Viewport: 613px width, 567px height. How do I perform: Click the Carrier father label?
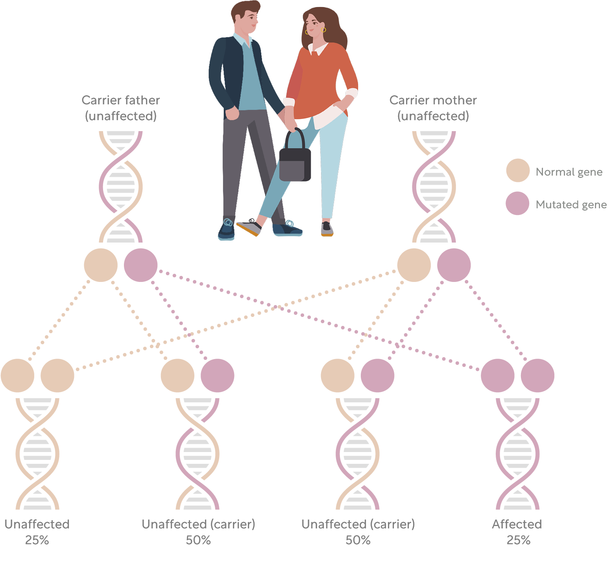(x=121, y=108)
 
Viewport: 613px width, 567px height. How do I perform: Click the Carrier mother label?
(x=433, y=108)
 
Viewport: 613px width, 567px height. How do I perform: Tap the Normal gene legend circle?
(x=518, y=170)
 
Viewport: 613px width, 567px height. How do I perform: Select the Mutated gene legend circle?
(x=518, y=203)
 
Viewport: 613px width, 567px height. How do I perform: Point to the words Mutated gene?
(x=571, y=205)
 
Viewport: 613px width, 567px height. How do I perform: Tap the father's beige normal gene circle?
(x=101, y=265)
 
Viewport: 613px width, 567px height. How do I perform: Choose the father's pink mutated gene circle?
(x=141, y=265)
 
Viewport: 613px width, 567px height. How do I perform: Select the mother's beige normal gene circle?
(x=414, y=265)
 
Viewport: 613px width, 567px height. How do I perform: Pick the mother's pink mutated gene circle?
(x=454, y=265)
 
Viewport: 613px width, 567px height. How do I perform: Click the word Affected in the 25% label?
(x=517, y=524)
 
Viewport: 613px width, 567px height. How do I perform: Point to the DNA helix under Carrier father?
(x=121, y=187)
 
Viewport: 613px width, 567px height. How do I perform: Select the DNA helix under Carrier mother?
(x=434, y=187)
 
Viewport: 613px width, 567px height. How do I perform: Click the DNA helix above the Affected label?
(x=518, y=454)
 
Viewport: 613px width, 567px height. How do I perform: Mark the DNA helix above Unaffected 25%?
(x=37, y=454)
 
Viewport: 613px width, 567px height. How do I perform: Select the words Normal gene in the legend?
(x=569, y=172)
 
